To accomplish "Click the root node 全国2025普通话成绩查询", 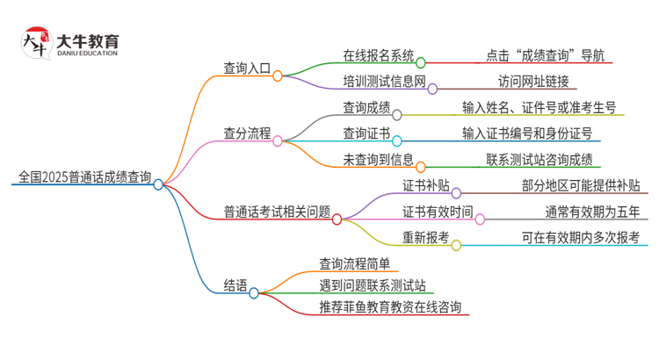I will (84, 176).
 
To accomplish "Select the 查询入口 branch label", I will (247, 67).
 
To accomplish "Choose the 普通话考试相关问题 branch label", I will (277, 211).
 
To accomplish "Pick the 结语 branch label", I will (235, 285).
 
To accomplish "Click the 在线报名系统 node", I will (378, 54).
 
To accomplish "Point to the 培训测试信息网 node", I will (384, 81).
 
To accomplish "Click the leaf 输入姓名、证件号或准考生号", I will (539, 108).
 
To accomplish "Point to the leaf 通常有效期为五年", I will (591, 211).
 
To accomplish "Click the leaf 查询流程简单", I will (355, 263).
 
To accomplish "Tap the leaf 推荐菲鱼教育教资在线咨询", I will (393, 307).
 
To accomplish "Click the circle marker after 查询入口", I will (278, 76).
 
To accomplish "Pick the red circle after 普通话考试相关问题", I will (337, 220).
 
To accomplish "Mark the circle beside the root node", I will (158, 184).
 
